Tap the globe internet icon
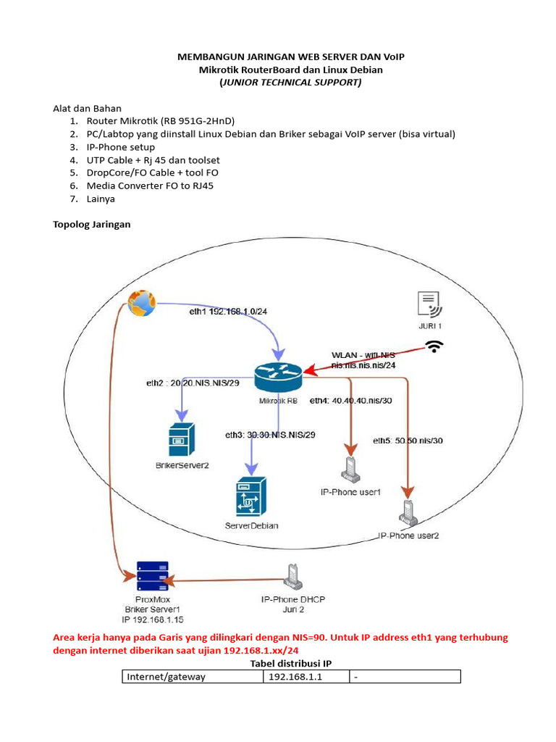pos(141,302)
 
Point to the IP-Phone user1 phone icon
pos(350,470)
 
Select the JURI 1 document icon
pos(430,304)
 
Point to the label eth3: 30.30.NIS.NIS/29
pos(270,435)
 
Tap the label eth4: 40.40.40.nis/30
pos(350,400)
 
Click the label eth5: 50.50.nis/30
pos(408,440)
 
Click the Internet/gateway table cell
pos(191,676)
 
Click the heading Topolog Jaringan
pos(92,225)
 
